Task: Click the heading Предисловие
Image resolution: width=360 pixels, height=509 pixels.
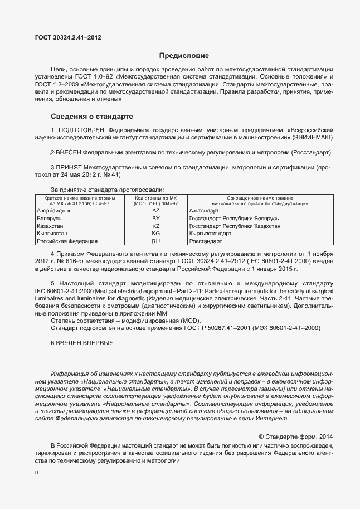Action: [x=184, y=56]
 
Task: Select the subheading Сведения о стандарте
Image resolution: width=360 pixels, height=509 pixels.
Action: [x=91, y=117]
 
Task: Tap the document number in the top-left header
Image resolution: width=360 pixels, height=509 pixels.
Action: [x=68, y=37]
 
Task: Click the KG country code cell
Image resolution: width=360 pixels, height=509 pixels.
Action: [x=155, y=234]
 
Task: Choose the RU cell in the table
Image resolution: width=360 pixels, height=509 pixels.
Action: [x=155, y=241]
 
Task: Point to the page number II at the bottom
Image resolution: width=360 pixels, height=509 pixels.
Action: [x=37, y=472]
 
